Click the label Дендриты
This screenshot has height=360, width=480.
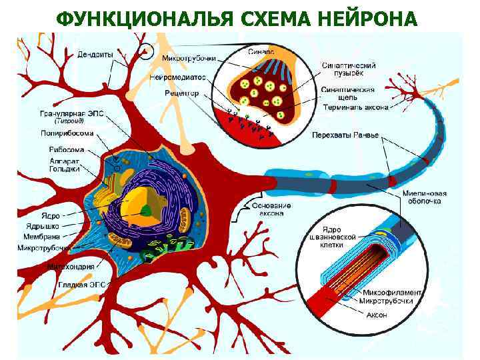coord(95,53)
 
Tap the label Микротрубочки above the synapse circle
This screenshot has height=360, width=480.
coord(189,58)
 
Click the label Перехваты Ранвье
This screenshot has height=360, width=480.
coord(345,135)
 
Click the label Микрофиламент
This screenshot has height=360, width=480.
coord(392,292)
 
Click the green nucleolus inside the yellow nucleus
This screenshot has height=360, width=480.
coord(146,211)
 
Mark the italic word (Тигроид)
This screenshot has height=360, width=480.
coord(69,121)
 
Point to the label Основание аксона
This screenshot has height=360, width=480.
coord(271,209)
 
